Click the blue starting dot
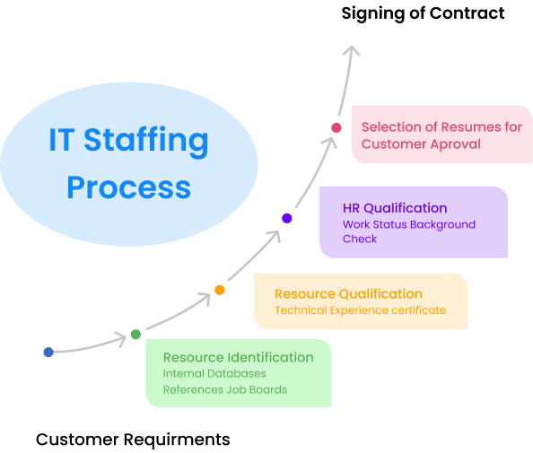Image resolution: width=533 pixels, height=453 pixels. pos(48,352)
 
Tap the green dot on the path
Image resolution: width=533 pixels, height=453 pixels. pos(135,335)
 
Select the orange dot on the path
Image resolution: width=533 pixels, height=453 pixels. pos(220,290)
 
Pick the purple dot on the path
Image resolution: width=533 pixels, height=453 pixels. pos(287,218)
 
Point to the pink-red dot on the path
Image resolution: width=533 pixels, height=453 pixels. pos(336,127)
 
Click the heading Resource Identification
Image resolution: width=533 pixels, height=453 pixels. pos(239,358)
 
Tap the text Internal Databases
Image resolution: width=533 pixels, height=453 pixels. pos(214,373)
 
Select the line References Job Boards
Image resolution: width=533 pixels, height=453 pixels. pos(225,389)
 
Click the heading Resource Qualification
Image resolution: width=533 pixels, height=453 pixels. pos(348,294)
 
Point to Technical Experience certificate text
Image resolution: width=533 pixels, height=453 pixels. pos(361,310)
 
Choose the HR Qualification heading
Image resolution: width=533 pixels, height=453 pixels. pos(395,208)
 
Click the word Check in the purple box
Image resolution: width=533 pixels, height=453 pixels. pos(360,239)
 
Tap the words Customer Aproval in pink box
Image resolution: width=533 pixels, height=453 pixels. pos(421,144)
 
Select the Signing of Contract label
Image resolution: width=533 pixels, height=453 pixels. pos(423,13)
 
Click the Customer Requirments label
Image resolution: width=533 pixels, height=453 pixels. pos(133,440)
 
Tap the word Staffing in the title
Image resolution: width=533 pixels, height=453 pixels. pos(146,141)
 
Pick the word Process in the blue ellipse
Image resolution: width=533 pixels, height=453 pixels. pos(129,187)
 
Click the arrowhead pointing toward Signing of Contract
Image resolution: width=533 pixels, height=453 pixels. pos(352,51)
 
